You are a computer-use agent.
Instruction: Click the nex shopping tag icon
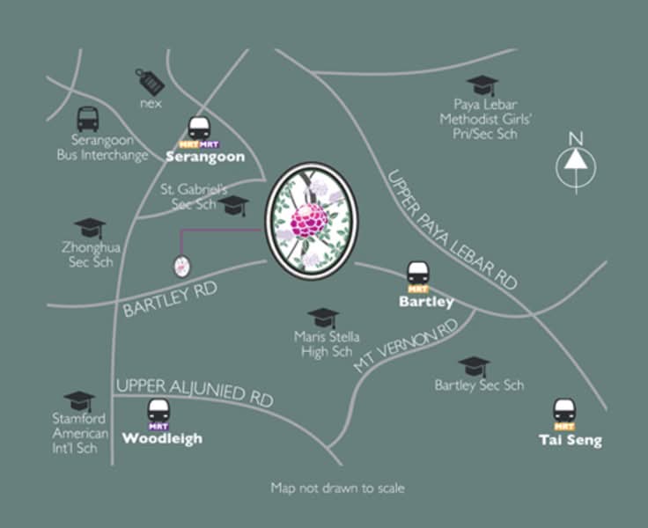tap(150, 82)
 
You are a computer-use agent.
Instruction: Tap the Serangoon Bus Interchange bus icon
tap(88, 120)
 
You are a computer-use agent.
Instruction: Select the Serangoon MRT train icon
tap(199, 128)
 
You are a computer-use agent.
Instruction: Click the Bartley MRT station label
tap(426, 302)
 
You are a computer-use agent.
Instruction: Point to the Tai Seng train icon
tap(564, 411)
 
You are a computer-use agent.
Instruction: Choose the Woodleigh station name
tap(162, 439)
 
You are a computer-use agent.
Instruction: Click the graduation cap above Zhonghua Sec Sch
tap(90, 228)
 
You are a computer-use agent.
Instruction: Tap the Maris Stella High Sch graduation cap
tap(323, 319)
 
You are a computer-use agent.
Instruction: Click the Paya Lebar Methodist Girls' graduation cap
tap(482, 85)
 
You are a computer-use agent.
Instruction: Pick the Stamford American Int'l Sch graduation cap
tap(79, 401)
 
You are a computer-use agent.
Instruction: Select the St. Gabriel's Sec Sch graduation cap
tap(233, 205)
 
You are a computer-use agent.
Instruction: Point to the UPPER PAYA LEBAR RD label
tap(452, 230)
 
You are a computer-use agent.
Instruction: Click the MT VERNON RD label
tap(406, 345)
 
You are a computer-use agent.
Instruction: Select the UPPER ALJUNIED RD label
tap(195, 392)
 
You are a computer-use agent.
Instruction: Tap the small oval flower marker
tap(182, 267)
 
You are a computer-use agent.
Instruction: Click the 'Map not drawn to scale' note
tap(337, 488)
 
